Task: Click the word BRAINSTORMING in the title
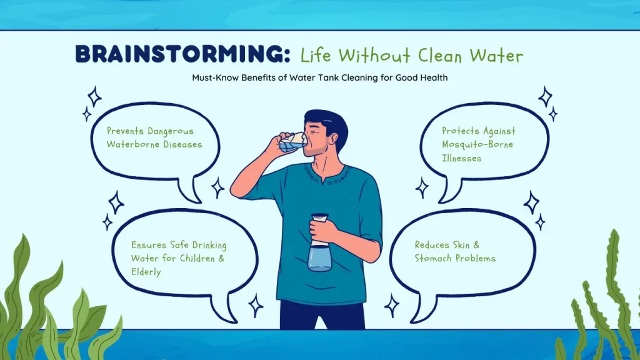182,54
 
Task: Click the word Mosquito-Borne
477,145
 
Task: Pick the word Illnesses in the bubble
462,158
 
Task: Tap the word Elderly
146,272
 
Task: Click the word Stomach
433,258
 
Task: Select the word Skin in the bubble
461,244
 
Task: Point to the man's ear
334,139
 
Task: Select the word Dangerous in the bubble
171,131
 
